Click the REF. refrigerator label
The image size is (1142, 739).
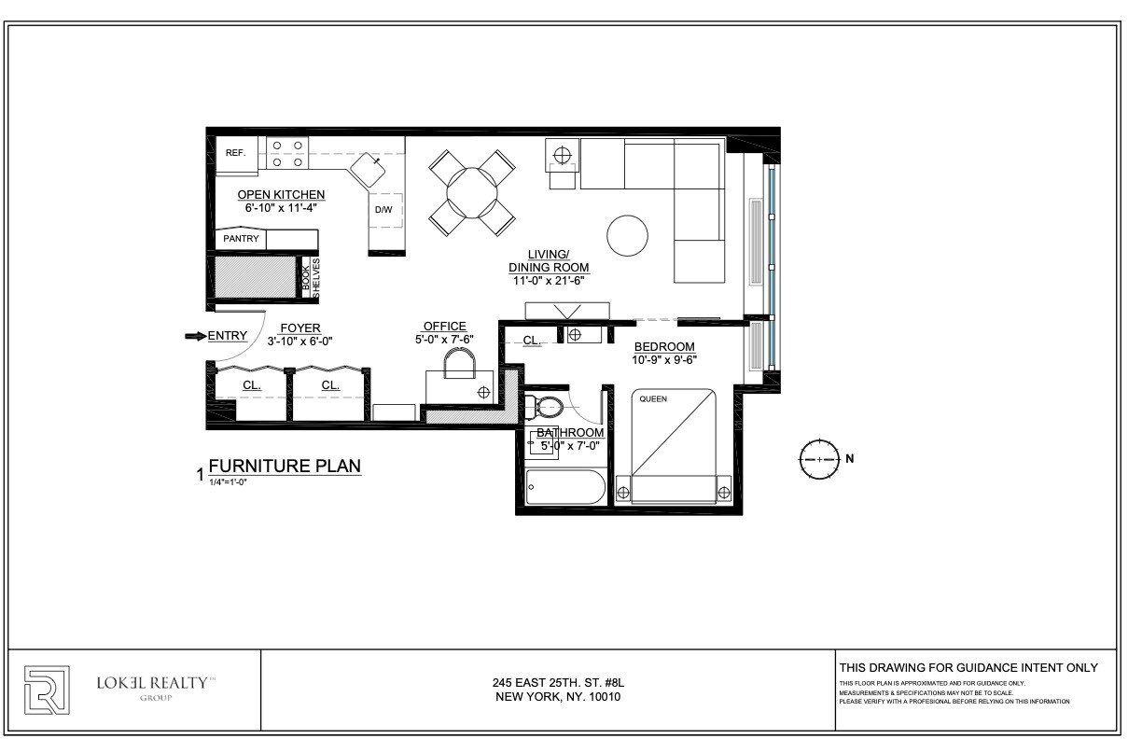coord(235,153)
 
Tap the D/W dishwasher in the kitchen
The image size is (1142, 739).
coord(384,210)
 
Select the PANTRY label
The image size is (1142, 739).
coord(241,239)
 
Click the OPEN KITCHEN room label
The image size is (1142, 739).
coord(281,194)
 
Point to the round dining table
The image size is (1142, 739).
coord(472,193)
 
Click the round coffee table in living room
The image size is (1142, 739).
coord(627,236)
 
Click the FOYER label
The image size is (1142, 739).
coord(300,328)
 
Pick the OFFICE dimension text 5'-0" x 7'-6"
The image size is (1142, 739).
coord(444,340)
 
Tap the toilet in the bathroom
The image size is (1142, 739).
coord(544,407)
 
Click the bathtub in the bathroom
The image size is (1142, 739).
coord(563,486)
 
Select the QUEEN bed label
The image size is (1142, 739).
coord(652,399)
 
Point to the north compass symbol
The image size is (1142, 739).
coord(818,459)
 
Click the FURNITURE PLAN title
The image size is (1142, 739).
coord(285,467)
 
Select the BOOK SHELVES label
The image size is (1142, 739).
coord(310,278)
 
